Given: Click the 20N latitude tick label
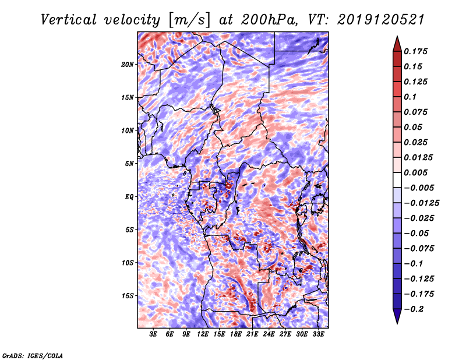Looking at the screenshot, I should click(x=128, y=64).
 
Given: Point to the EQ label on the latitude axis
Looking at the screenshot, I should click(x=129, y=197).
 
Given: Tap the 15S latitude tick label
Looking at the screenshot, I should click(x=128, y=296).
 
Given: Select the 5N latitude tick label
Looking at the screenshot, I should click(x=129, y=164).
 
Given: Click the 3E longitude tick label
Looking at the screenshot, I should click(x=154, y=334).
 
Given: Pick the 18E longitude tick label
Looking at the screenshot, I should click(x=236, y=334).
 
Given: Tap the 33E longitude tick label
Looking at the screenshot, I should click(x=318, y=334).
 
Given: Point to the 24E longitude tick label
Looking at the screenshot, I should click(x=269, y=334).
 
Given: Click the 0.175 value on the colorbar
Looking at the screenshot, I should click(x=417, y=51).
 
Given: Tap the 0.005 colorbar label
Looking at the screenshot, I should click(x=417, y=172).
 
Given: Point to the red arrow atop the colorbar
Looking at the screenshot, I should click(x=397, y=42).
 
